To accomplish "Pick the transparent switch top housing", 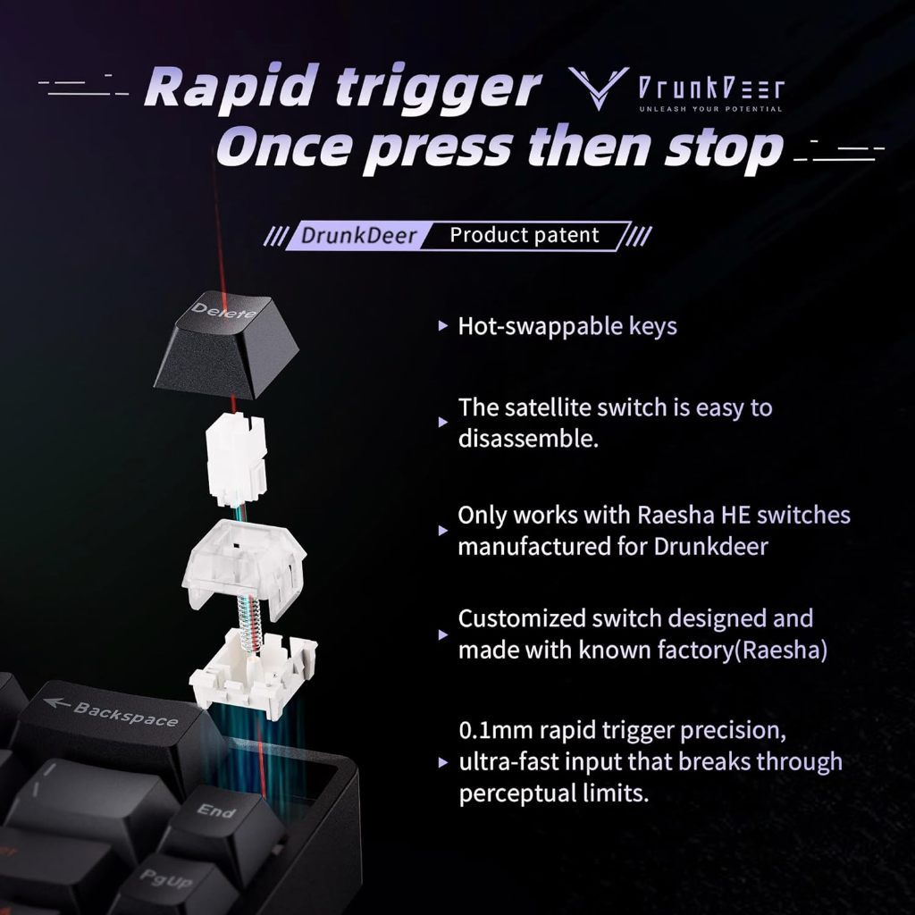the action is point(245,566).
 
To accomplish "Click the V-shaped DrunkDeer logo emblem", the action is point(598,88).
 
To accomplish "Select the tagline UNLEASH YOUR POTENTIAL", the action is point(710,109).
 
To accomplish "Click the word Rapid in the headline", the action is point(232,88).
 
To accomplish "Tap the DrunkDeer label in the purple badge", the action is point(358,236).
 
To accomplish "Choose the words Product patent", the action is point(524,235).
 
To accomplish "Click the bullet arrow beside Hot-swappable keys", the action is point(443,326).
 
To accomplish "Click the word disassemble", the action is point(528,438).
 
